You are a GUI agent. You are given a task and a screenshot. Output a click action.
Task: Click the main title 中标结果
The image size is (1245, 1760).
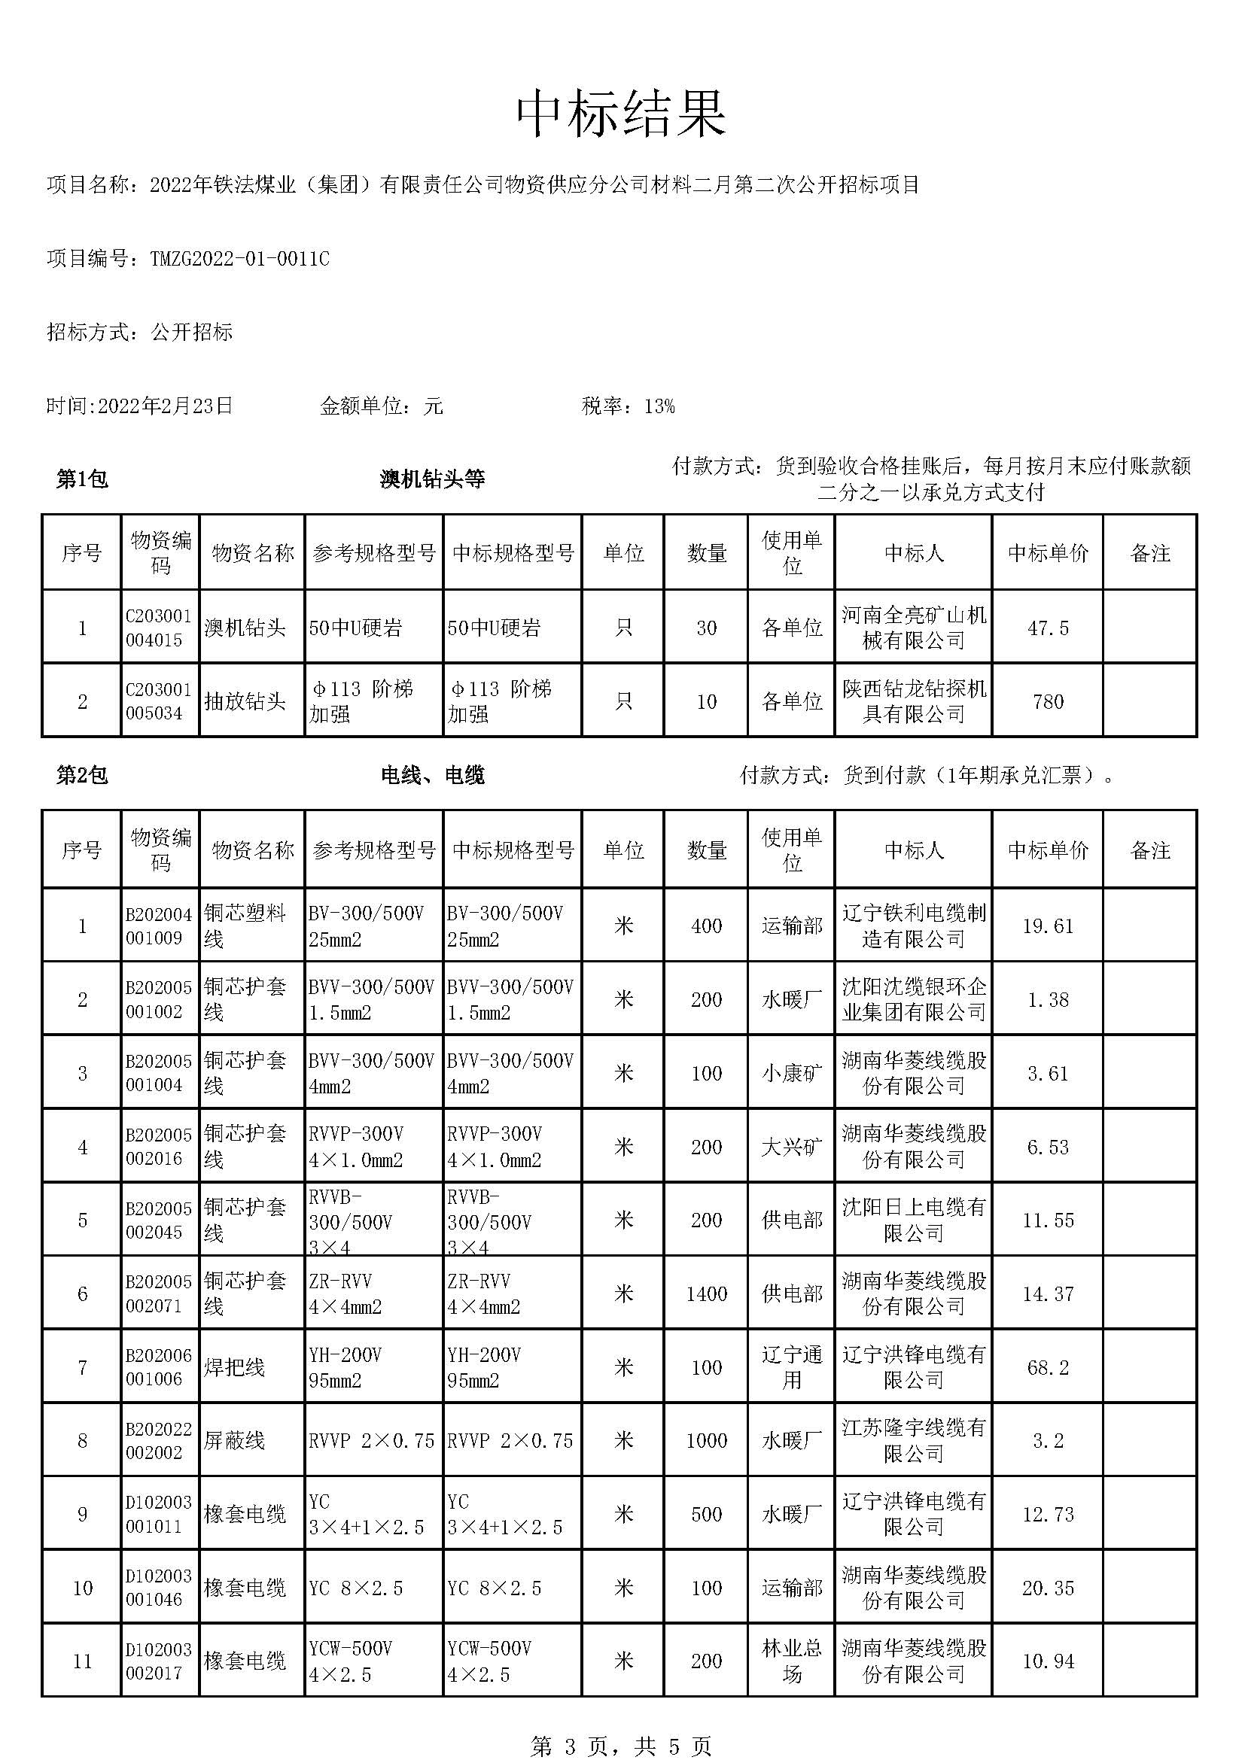click(x=621, y=114)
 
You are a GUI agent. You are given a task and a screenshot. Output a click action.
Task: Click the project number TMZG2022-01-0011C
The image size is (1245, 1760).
click(x=239, y=259)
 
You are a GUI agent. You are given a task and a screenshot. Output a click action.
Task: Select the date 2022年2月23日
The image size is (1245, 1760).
click(x=165, y=406)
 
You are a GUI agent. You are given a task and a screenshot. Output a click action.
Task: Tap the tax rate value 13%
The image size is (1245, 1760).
click(x=659, y=406)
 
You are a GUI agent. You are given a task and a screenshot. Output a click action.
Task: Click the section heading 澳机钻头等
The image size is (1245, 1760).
click(x=432, y=480)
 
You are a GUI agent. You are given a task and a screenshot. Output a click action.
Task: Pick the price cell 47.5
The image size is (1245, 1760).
click(x=1047, y=628)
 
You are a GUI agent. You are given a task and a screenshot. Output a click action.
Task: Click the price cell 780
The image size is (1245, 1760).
click(x=1047, y=701)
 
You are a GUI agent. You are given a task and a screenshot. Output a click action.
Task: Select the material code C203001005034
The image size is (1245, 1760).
click(x=159, y=701)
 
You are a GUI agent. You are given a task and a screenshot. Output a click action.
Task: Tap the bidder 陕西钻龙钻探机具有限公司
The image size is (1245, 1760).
click(x=913, y=701)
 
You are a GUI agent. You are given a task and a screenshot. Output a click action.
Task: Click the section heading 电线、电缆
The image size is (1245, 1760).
click(x=432, y=776)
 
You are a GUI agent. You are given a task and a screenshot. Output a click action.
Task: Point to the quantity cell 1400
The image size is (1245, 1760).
click(x=705, y=1294)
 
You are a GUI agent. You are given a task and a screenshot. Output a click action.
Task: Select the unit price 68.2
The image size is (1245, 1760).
click(x=1047, y=1367)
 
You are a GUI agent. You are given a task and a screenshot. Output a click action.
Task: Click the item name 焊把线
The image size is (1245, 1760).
click(x=234, y=1367)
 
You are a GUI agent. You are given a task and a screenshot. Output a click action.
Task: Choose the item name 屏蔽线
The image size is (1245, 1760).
click(x=234, y=1441)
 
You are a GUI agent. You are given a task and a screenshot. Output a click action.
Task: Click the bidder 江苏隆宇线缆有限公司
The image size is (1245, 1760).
click(x=913, y=1441)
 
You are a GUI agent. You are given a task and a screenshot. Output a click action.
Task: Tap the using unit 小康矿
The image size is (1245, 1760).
click(x=791, y=1073)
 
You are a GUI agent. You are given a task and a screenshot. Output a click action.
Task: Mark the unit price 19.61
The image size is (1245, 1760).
click(x=1047, y=926)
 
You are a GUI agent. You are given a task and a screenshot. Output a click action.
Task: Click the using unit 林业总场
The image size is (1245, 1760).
click(x=791, y=1661)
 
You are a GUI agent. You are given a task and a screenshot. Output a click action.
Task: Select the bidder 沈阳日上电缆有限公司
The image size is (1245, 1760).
click(x=913, y=1220)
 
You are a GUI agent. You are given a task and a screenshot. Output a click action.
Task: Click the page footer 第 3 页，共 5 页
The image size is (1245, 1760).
click(x=621, y=1746)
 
